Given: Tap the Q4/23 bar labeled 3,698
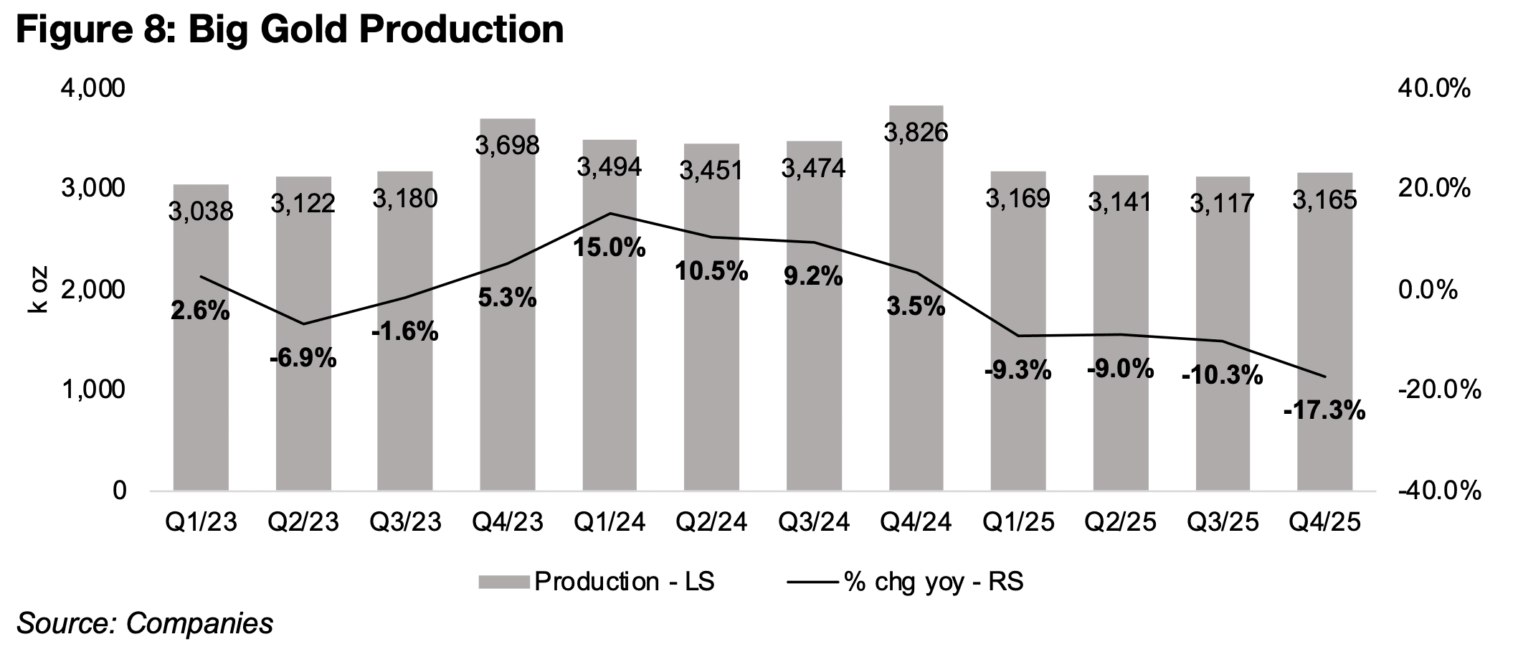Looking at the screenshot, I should [508, 394].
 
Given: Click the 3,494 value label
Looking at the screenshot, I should [610, 167].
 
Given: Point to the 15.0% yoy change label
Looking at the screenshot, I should [610, 248].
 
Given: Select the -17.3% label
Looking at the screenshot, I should [1324, 411].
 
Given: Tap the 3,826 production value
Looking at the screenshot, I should [916, 132].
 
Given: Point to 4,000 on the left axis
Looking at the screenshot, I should [95, 89].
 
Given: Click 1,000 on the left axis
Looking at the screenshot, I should [95, 390].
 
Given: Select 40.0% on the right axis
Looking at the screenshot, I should [1423, 89].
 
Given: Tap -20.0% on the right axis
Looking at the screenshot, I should [1426, 390].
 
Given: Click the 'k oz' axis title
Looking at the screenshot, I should [38, 290].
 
